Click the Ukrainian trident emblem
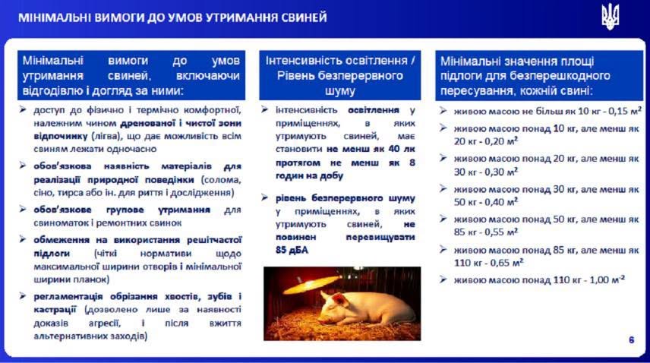click(611, 17)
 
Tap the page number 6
click(631, 340)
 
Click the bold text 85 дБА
click(292, 251)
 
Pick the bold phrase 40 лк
click(402, 149)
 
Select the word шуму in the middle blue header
click(340, 91)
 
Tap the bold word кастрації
click(55, 310)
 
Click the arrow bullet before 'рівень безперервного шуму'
click(265, 197)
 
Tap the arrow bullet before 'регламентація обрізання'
click(23, 296)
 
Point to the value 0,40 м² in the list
click(500, 202)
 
